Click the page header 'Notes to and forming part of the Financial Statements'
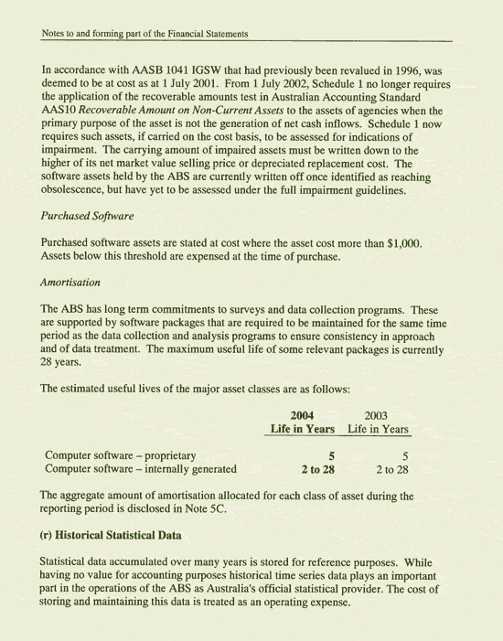[x=146, y=35]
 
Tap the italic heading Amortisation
[x=77, y=284]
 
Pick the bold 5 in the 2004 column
[x=332, y=454]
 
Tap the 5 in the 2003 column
[x=402, y=454]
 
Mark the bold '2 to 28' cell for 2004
[x=317, y=470]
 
